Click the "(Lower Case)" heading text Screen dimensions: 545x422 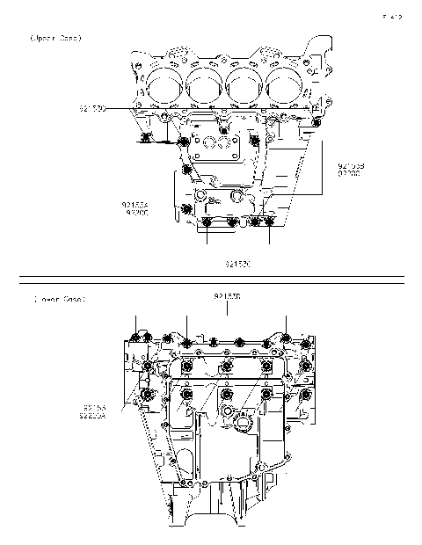point(58,300)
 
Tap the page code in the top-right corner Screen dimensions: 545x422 point(392,17)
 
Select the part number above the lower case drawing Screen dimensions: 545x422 point(228,296)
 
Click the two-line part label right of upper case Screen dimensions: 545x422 point(351,170)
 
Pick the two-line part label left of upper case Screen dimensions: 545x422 point(136,208)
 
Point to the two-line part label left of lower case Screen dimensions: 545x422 point(95,412)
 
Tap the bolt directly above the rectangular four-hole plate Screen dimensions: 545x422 point(224,131)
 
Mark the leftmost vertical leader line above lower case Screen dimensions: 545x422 point(135,322)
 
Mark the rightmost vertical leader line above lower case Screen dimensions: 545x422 point(286,323)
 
